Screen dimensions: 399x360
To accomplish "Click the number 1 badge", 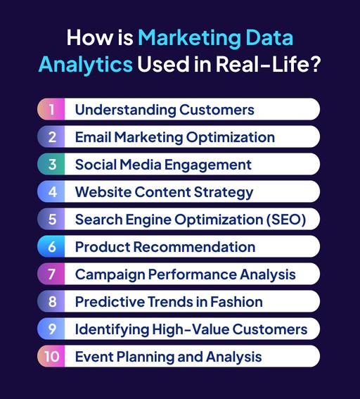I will tap(51, 110).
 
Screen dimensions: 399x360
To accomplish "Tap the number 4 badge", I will tap(51, 191).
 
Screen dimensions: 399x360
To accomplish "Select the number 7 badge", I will tap(51, 274).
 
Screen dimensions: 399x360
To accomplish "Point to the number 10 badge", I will tap(51, 357).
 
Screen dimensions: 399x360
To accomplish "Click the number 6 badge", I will tap(51, 247).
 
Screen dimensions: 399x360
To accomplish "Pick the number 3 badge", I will tap(51, 165).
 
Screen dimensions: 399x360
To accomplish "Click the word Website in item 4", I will tap(103, 191).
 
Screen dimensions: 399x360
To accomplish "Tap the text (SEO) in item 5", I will tap(284, 220).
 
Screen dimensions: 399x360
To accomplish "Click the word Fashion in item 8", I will tap(236, 302).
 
